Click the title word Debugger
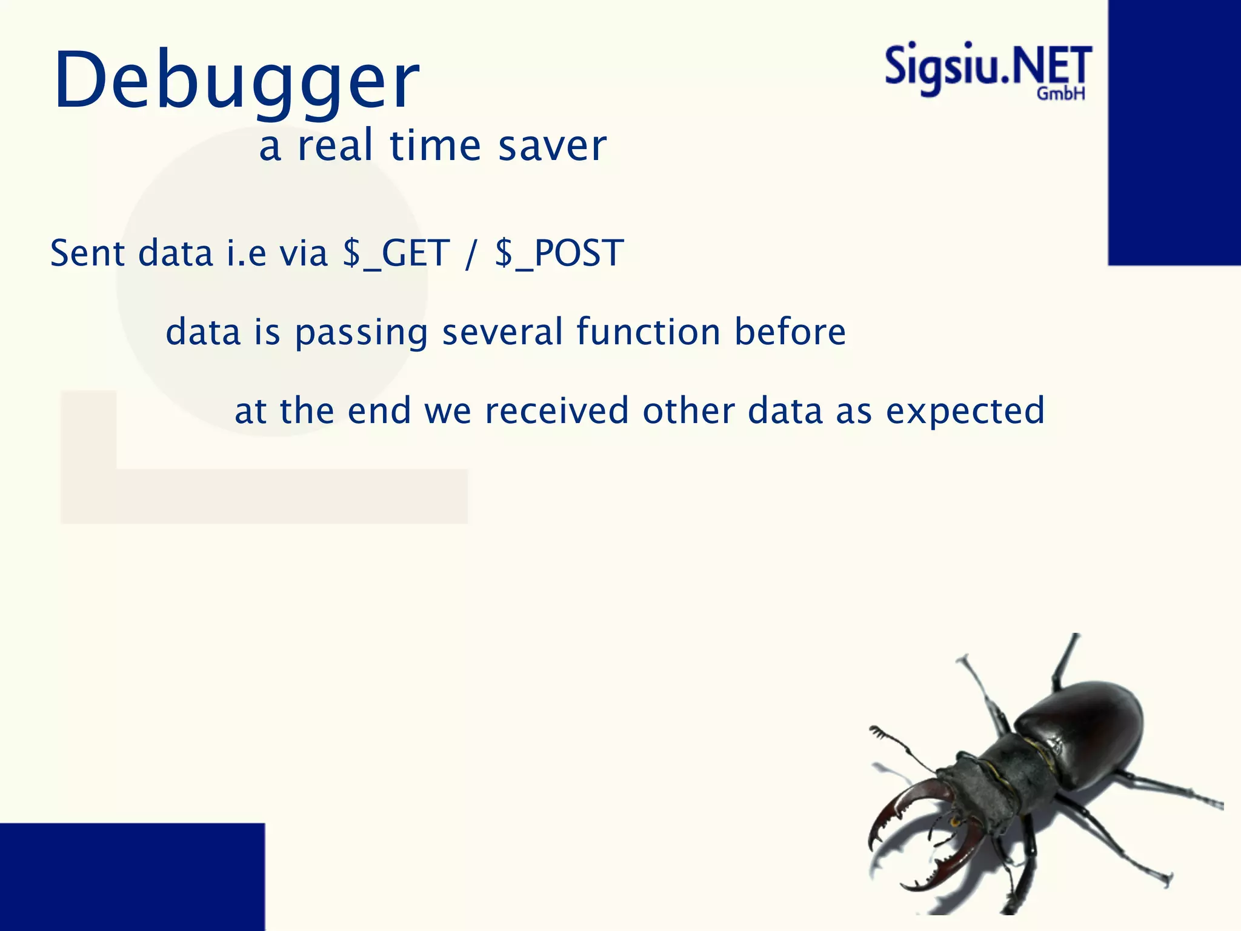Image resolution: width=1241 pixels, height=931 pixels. coord(236,80)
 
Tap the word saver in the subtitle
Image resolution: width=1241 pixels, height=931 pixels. coord(552,146)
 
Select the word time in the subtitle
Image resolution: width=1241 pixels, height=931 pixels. coord(435,146)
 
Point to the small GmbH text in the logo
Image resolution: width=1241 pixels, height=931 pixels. coord(1060,94)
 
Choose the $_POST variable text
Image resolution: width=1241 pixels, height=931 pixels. coord(559,253)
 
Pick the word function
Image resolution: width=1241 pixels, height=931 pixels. coord(648,332)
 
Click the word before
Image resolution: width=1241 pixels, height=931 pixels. coord(790,332)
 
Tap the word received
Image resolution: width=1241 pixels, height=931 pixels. coord(557,410)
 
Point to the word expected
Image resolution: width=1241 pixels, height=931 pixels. coord(966,412)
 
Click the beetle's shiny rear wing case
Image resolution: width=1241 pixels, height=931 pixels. coord(1085,727)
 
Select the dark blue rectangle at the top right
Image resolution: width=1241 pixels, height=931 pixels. coord(1174,132)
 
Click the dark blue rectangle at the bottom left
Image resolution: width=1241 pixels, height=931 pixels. coord(132,876)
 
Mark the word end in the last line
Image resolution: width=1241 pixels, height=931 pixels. coord(379,410)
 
